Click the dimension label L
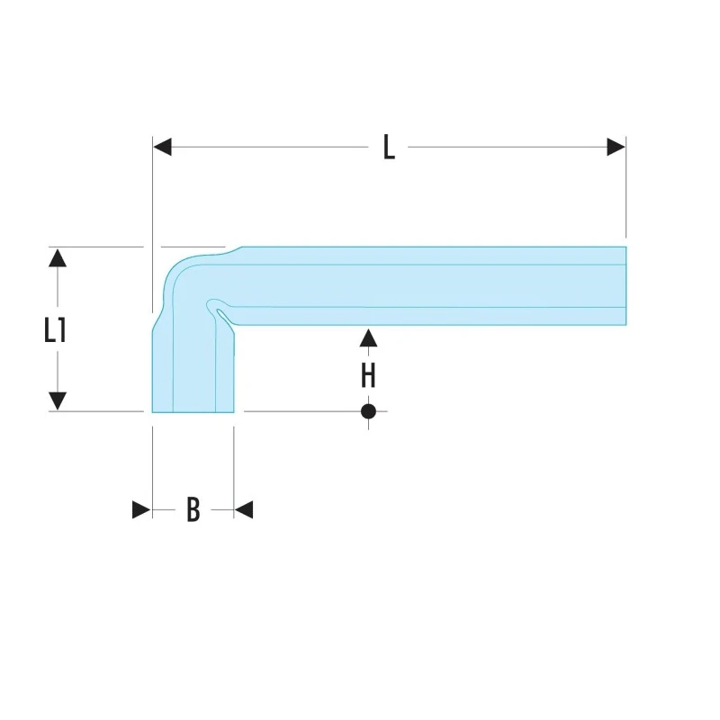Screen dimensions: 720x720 coord(389,147)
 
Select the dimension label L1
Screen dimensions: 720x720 coord(55,329)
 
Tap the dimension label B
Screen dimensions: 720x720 coord(193,509)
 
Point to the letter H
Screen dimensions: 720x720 coord(368,375)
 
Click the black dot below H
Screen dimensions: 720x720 coord(368,411)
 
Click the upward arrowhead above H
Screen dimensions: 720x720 coord(368,338)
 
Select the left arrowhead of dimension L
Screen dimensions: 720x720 coord(162,147)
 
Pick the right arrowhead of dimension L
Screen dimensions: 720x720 coord(616,147)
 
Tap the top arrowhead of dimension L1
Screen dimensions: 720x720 coord(58,257)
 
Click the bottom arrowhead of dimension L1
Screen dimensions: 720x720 coord(58,401)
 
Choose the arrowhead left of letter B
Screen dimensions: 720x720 coord(141,509)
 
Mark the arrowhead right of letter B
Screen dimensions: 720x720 coord(244,509)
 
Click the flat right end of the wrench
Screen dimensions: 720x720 coord(625,285)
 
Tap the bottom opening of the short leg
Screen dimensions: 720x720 coord(193,411)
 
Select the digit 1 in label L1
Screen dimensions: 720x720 coord(62,329)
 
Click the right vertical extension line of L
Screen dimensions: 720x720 coord(625,187)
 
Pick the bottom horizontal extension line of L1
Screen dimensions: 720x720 coord(96,411)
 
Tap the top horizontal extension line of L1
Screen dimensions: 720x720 coord(96,247)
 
